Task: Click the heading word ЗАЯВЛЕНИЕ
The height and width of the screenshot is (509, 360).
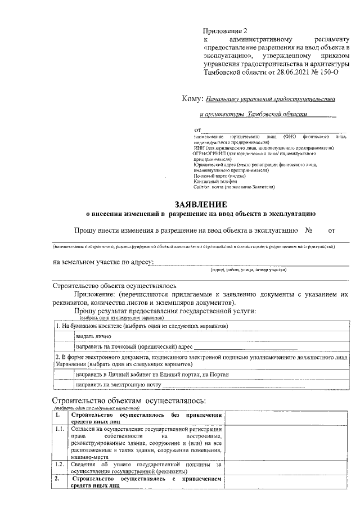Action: click(201, 204)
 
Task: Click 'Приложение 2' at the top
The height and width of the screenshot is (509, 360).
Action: click(225, 31)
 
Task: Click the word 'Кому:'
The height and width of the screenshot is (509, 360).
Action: click(192, 99)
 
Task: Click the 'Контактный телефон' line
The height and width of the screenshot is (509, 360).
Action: click(215, 181)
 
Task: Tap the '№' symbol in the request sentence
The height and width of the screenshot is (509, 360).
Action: click(308, 230)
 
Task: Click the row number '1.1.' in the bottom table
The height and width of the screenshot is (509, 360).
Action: click(61, 430)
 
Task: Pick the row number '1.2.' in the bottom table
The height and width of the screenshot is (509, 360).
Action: click(61, 465)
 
